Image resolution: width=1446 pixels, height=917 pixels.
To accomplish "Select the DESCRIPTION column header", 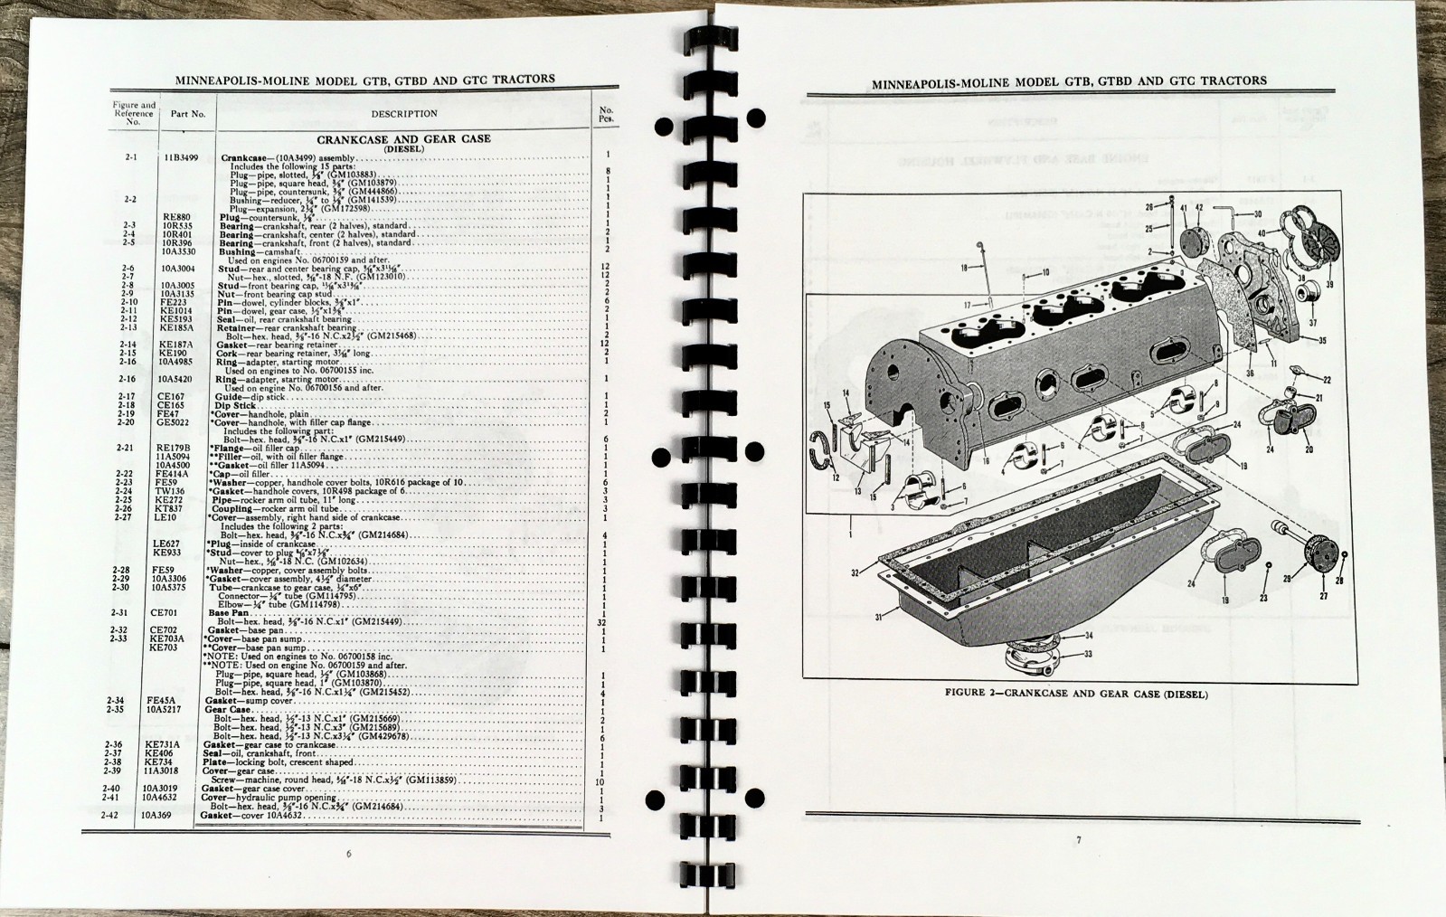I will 403,114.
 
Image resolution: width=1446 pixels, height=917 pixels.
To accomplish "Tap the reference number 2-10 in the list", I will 131,301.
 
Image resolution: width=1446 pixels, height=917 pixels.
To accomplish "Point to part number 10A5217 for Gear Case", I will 176,710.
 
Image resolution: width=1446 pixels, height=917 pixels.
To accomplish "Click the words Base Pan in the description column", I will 227,613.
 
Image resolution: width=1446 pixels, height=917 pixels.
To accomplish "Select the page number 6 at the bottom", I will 349,853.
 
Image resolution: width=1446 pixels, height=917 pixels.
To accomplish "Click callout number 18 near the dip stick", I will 964,268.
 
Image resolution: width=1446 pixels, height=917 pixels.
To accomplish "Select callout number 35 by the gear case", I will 1321,341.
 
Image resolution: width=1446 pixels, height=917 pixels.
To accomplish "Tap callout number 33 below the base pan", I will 1088,653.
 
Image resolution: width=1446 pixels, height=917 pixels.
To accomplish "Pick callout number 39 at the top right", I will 1329,284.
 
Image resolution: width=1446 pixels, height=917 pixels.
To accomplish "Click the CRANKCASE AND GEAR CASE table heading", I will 403,138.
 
